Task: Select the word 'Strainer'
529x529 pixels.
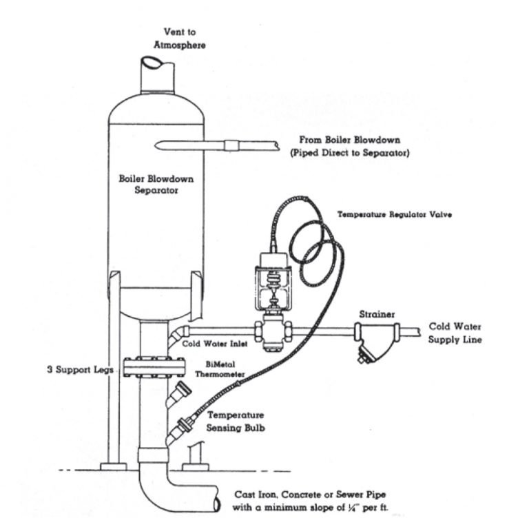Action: click(377, 315)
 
